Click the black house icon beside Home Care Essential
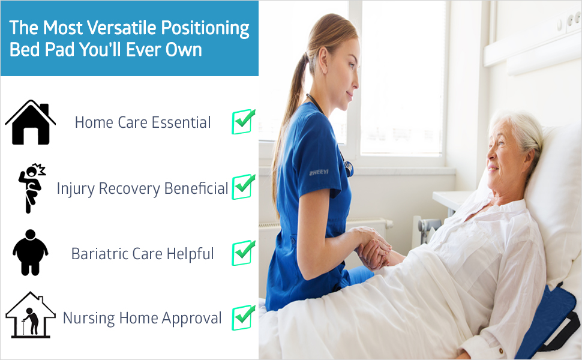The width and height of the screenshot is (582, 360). pos(31,122)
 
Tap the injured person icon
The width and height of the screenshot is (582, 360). pos(32,188)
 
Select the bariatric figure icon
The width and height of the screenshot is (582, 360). pos(31,253)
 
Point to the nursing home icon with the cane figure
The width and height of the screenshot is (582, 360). pos(31,315)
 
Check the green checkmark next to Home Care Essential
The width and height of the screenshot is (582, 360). pos(244,121)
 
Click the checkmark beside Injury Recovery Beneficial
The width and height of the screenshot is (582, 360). pos(244,187)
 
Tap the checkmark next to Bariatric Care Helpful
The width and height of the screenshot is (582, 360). pos(244,253)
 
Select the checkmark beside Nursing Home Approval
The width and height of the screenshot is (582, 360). pos(244,317)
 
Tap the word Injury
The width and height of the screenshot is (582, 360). pos(76,188)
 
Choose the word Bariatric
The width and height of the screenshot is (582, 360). pos(100,254)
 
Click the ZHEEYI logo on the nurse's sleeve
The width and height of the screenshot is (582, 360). pos(319,172)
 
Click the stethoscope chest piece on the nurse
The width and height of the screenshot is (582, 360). pos(349,169)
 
